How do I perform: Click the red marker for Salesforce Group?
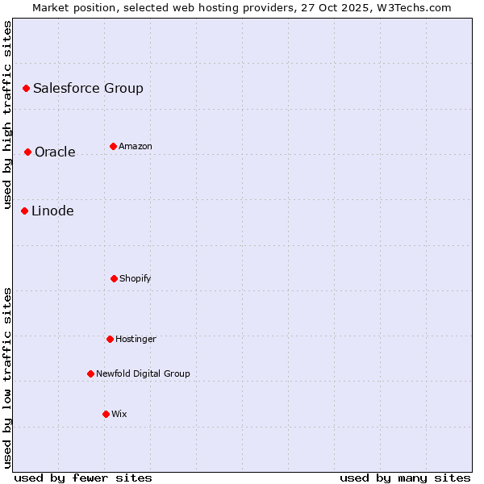pyautogui.click(x=26, y=88)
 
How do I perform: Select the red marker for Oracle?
pyautogui.click(x=27, y=152)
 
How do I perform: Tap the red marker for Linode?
pyautogui.click(x=24, y=211)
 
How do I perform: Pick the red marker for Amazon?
pyautogui.click(x=113, y=146)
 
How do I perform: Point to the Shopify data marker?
pyautogui.click(x=114, y=278)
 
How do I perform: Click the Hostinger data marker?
pyautogui.click(x=110, y=339)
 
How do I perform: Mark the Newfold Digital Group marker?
pyautogui.click(x=90, y=373)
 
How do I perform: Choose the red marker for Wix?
pyautogui.click(x=106, y=414)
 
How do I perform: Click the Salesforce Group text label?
pyautogui.click(x=88, y=88)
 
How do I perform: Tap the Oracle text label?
pyautogui.click(x=55, y=152)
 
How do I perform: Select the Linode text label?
pyautogui.click(x=52, y=211)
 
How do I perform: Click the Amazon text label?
pyautogui.click(x=136, y=146)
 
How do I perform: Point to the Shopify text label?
pyautogui.click(x=136, y=278)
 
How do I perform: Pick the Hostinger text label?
pyautogui.click(x=136, y=339)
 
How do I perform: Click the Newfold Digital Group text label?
pyautogui.click(x=143, y=373)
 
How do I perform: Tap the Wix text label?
pyautogui.click(x=119, y=414)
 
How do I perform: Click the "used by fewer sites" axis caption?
pyautogui.click(x=83, y=478)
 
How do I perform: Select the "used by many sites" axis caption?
pyautogui.click(x=405, y=478)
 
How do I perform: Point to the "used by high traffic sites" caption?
pyautogui.click(x=7, y=115)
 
